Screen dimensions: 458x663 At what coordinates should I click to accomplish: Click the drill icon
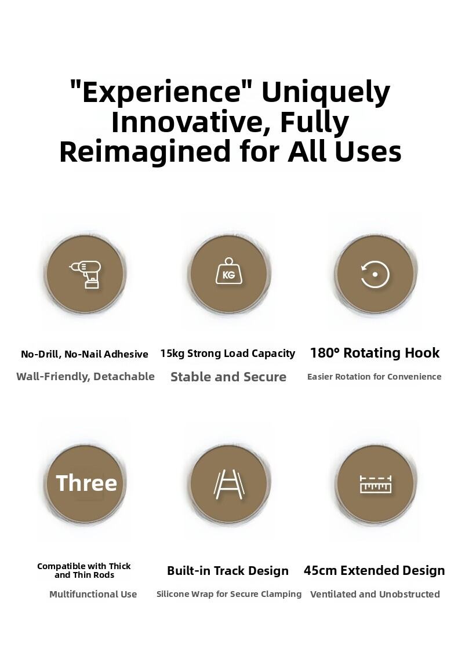pos(85,275)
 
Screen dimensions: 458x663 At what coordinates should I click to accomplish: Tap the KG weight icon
pos(229,271)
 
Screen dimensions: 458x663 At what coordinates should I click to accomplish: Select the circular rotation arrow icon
pos(375,275)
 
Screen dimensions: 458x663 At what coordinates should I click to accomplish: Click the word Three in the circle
pos(86,483)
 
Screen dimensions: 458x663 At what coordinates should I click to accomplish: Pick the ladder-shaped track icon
pos(229,485)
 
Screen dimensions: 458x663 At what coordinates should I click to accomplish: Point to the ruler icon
pos(376,485)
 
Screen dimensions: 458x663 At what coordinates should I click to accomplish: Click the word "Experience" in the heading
pos(161,92)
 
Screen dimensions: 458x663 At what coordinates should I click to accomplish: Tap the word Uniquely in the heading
pos(326,94)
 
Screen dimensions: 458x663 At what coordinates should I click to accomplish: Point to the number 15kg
pos(173,354)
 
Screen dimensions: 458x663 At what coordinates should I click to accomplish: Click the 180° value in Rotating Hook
pos(325,352)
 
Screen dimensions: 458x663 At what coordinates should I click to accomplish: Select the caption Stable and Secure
pos(228,377)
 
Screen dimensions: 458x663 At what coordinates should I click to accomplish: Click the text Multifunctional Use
pos(93,594)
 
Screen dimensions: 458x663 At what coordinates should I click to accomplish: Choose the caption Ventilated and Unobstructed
pos(375,594)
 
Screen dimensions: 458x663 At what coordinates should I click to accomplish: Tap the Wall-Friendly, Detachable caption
pos(85,377)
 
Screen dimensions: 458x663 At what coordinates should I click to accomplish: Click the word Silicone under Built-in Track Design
pos(173,594)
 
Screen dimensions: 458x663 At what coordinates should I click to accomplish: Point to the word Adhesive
pos(126,354)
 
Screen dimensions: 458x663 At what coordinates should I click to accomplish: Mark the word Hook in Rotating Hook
pos(422,352)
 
